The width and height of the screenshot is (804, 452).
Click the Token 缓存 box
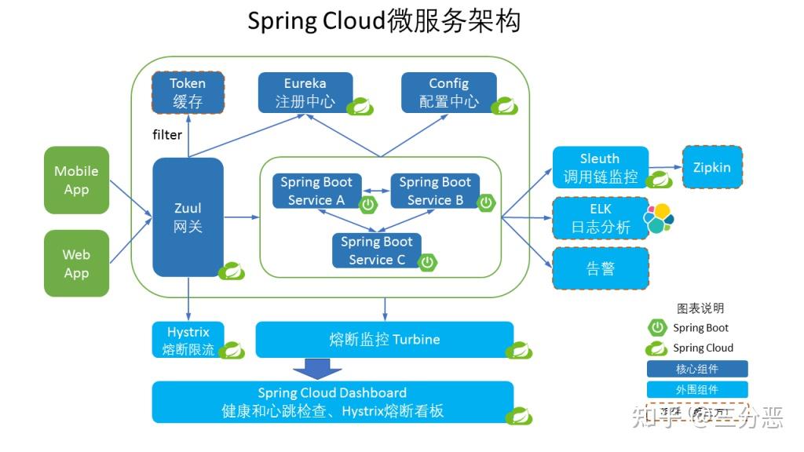188,93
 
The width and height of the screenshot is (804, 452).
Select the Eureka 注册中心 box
305,93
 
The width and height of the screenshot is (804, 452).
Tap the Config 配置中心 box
448,93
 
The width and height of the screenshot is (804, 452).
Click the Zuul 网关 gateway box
188,217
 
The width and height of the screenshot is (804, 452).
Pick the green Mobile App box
76,180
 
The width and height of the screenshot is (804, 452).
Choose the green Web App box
76,264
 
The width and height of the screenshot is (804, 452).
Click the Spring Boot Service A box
316,191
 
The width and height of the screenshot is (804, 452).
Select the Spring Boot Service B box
434,191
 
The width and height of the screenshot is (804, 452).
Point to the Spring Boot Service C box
377,251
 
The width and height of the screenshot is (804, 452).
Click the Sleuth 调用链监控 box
601,168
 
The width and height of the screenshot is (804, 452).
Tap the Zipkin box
711,167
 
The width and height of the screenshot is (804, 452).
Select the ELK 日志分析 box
601,219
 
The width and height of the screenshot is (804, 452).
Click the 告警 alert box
601,268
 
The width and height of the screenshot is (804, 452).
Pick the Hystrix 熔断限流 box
188,340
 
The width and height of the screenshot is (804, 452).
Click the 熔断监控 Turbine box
385,340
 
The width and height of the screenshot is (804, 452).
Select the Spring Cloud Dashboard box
332,402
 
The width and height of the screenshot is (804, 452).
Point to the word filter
167,135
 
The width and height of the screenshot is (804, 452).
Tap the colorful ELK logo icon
658,219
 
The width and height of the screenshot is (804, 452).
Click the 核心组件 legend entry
696,369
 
